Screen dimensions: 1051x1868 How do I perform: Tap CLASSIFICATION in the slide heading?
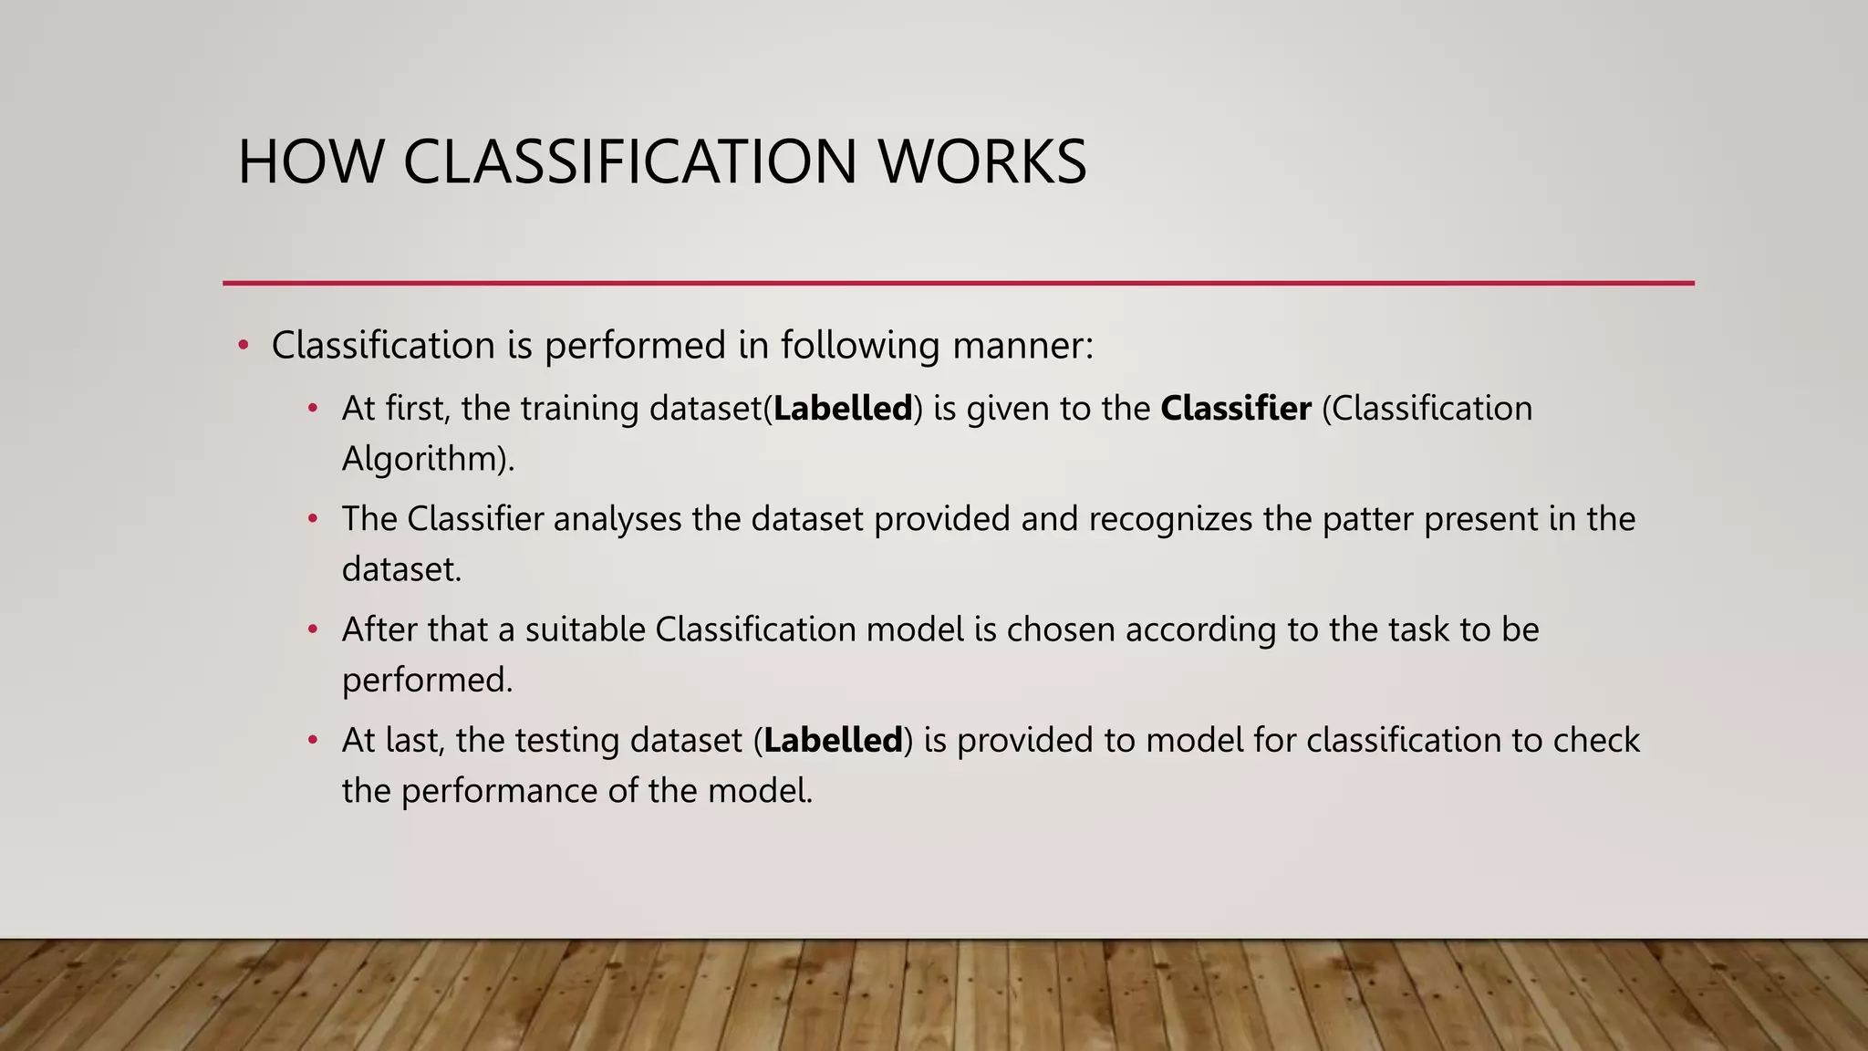click(x=630, y=162)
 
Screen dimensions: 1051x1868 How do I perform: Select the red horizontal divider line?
click(x=958, y=283)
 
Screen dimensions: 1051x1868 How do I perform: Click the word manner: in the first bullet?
click(x=1022, y=346)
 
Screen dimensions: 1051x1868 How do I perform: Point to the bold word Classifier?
click(x=1236, y=409)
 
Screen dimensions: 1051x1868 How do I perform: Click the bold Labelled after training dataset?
click(x=843, y=409)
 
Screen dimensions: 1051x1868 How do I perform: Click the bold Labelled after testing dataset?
click(x=833, y=740)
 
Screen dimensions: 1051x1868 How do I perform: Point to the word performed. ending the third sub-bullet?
click(x=428, y=681)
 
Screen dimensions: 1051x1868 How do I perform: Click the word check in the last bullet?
click(x=1596, y=740)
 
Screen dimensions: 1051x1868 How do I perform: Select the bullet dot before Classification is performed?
click(x=243, y=346)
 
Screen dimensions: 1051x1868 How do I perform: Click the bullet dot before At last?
click(x=313, y=740)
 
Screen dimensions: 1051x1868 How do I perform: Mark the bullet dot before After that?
click(x=313, y=630)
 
